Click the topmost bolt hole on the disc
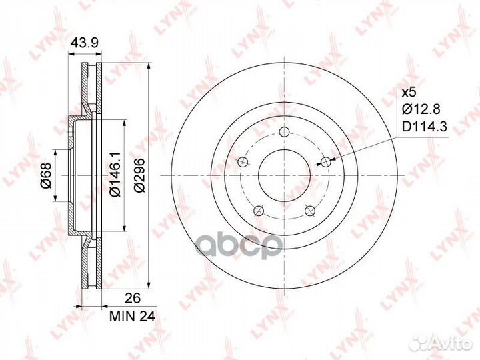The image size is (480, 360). click(x=285, y=131)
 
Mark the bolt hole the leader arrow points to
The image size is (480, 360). click(x=326, y=161)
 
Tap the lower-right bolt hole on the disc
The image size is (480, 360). click(x=310, y=210)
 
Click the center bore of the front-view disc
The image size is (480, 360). click(x=285, y=175)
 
